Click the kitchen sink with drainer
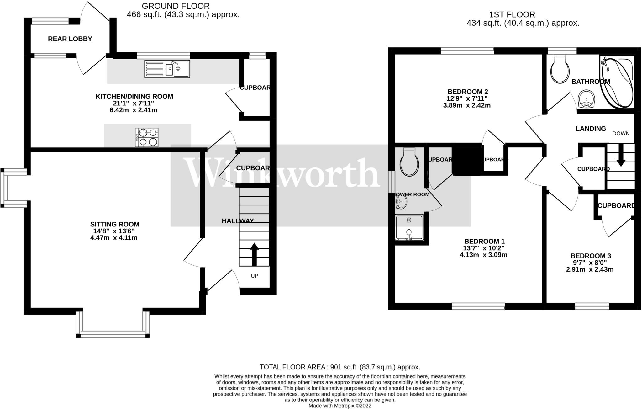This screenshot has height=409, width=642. [x=167, y=69]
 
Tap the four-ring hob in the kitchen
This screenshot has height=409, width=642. [x=147, y=137]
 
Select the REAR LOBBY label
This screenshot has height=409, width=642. [x=70, y=39]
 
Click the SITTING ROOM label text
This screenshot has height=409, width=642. [x=115, y=224]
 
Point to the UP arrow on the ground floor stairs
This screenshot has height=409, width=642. [x=254, y=254]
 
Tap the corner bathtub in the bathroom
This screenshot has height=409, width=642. [x=616, y=82]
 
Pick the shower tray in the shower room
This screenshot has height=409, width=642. [x=409, y=228]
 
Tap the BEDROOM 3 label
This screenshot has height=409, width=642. [x=591, y=256]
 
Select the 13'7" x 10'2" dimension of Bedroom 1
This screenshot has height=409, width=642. [x=484, y=248]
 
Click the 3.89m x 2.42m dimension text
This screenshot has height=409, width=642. [x=467, y=105]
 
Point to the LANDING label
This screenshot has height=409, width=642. [x=591, y=129]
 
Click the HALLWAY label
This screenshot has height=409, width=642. [x=238, y=221]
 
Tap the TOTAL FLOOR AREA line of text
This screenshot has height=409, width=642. [x=340, y=367]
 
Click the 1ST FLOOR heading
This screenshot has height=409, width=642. [x=512, y=14]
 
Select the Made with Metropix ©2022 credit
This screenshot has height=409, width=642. [x=340, y=406]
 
